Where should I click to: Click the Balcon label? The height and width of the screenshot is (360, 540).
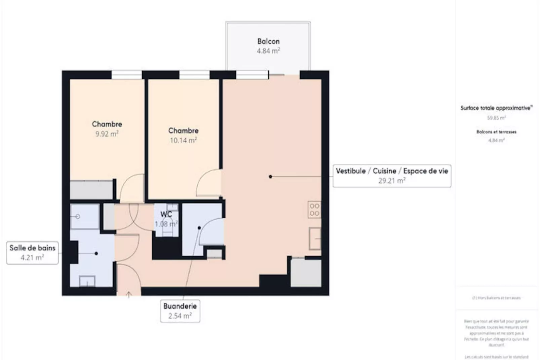[268, 41]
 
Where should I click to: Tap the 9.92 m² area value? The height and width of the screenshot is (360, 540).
[107, 134]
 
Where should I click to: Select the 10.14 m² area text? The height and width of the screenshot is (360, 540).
[183, 140]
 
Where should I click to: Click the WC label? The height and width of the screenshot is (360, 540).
[166, 214]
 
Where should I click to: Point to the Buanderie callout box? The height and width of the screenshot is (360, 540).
[180, 311]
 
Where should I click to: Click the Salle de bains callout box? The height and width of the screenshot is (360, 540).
[32, 253]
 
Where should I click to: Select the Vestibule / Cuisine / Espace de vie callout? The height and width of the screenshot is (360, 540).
[392, 176]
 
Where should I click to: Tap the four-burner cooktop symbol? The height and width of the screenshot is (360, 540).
[314, 210]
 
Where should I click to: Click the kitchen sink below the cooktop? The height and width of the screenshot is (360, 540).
[315, 238]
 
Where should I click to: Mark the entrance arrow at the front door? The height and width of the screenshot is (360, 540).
[128, 295]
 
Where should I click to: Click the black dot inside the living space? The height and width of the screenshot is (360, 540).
[270, 176]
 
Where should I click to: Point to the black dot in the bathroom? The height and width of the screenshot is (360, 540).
[96, 253]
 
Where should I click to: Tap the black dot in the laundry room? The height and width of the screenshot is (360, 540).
[199, 228]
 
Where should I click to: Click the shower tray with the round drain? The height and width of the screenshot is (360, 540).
[84, 216]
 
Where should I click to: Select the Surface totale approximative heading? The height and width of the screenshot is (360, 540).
[496, 108]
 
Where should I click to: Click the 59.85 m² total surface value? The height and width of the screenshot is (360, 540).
[496, 118]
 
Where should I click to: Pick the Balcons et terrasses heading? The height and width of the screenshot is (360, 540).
[496, 132]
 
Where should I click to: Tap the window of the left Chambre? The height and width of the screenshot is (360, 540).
[126, 74]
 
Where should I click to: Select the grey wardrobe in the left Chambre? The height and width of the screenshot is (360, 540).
[91, 190]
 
